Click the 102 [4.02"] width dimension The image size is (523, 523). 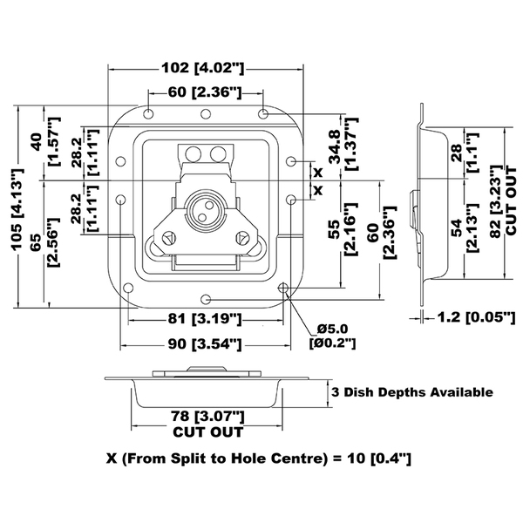pos(203,68)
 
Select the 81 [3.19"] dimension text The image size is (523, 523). pos(205,319)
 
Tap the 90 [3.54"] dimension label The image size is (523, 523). pos(205,344)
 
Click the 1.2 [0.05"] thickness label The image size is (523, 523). pos(476,317)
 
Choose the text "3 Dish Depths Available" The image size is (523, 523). pos(412,392)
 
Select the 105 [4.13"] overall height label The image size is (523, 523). pos(17,209)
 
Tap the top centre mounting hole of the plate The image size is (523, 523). pos(206,114)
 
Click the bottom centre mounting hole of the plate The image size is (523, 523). pos(207,299)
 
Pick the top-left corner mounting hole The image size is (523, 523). pos(148,114)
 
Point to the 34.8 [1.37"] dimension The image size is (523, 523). pos(343,144)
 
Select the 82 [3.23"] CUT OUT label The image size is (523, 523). pos(503,201)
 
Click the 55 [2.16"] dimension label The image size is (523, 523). pos(343,228)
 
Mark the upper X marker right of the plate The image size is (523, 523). pos(318,173)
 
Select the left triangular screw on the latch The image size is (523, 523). pos(169,239)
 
